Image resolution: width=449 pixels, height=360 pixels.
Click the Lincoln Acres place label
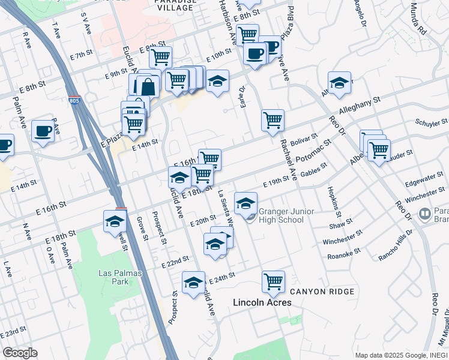pos(262,302)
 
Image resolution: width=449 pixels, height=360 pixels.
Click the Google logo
pos(20,353)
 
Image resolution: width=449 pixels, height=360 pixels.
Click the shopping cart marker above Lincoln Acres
pos(273,281)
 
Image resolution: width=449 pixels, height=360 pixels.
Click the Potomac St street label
pos(313,152)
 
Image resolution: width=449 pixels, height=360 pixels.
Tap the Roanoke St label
pos(344,254)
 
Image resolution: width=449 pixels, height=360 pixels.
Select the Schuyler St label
pos(431,122)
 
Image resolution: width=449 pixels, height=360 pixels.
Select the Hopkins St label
pos(334,201)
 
